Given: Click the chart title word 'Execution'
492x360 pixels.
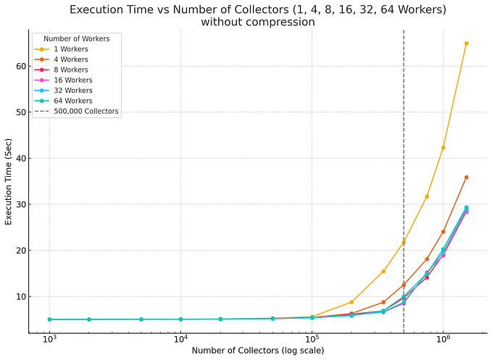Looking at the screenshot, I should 101,9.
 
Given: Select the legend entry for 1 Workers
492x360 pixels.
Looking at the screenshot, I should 71,49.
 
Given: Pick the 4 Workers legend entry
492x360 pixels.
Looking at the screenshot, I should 71,59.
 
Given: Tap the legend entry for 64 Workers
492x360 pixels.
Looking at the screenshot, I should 73,101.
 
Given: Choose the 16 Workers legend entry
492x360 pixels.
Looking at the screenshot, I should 73,80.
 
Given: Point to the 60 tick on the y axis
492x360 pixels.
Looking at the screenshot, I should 19,66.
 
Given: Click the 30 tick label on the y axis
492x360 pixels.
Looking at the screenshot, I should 19,204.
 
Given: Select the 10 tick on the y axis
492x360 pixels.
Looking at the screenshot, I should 19,296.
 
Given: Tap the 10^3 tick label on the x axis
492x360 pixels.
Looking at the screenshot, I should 49,339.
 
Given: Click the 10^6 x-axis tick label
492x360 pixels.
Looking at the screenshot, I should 443,339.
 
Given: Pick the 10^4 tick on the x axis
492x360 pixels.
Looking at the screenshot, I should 180,339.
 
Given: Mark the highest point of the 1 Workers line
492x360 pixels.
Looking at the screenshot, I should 466,43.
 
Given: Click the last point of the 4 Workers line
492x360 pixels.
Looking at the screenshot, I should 466,177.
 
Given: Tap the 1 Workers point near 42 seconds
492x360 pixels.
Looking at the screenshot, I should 443,148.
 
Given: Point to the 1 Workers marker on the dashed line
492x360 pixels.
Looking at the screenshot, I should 404,242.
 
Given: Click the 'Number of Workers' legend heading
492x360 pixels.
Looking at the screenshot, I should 76,38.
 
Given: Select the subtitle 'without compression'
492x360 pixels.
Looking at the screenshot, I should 258,22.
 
